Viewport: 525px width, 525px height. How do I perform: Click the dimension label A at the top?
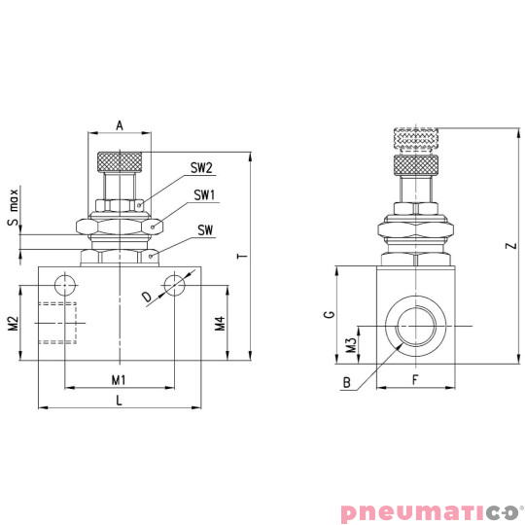coord(120,124)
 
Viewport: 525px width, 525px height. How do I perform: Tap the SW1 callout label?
coord(203,195)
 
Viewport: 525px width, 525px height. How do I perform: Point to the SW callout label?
coord(205,230)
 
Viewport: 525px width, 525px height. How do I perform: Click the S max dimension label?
coord(13,208)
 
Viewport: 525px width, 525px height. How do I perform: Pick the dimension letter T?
coord(240,256)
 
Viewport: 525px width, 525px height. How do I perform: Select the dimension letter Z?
coord(510,247)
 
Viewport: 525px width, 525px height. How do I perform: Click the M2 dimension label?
coord(13,323)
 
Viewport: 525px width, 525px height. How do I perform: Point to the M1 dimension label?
coord(119,378)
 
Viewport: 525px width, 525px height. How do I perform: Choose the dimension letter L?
coord(119,399)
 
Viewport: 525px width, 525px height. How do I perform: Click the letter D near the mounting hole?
coord(147,296)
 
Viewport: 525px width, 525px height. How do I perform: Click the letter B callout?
coord(345,383)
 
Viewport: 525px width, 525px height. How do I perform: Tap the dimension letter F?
coord(414,378)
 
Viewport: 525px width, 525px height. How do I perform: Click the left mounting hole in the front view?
coord(64,284)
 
